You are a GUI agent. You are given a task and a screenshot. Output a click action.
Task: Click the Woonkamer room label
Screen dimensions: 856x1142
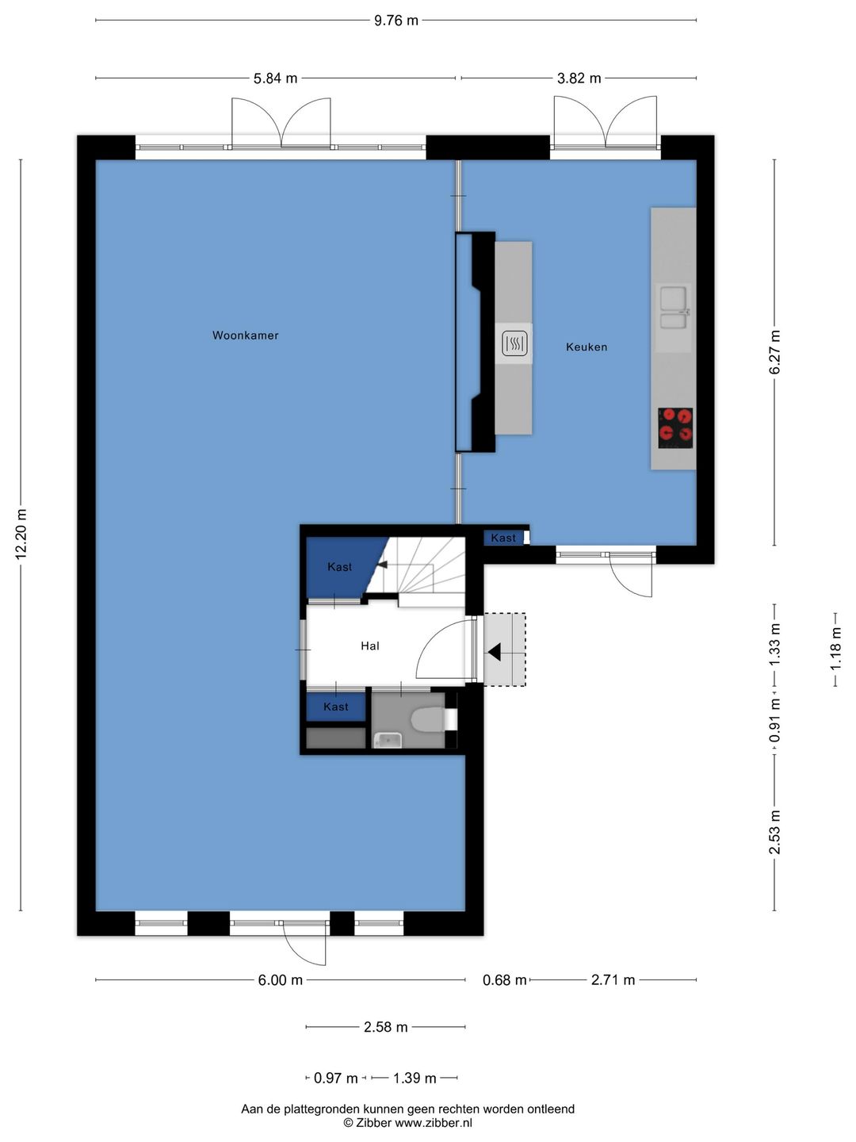[246, 335]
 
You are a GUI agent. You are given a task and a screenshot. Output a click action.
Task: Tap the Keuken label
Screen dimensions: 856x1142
[587, 347]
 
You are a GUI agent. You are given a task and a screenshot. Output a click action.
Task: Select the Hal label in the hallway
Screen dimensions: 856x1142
[370, 646]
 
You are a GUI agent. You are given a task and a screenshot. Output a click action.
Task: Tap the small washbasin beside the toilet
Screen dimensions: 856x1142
[388, 739]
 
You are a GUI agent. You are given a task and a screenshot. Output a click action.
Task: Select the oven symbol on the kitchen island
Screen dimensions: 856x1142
[514, 343]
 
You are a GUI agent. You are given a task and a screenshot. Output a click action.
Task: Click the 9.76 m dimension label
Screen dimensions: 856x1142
[396, 21]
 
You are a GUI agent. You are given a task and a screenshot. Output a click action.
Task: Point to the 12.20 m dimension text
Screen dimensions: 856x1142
[21, 535]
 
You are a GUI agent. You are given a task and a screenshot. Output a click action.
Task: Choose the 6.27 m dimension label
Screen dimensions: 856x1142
[775, 352]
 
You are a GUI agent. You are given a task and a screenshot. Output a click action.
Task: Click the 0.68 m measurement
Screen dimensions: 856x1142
[505, 980]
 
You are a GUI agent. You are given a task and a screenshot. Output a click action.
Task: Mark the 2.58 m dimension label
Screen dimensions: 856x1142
[386, 1027]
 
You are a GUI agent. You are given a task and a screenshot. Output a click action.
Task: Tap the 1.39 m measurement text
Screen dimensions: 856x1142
[415, 1078]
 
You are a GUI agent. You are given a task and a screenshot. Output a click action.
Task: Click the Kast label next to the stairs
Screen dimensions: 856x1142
[339, 567]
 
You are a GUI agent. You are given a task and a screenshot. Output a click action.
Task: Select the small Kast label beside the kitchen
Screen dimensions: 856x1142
[503, 538]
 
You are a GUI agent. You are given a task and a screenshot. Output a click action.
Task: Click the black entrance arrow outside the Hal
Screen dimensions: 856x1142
[494, 652]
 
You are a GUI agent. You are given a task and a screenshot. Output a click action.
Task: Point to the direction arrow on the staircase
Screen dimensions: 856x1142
[382, 565]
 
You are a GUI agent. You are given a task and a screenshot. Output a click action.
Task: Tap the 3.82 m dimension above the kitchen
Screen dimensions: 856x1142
[579, 79]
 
